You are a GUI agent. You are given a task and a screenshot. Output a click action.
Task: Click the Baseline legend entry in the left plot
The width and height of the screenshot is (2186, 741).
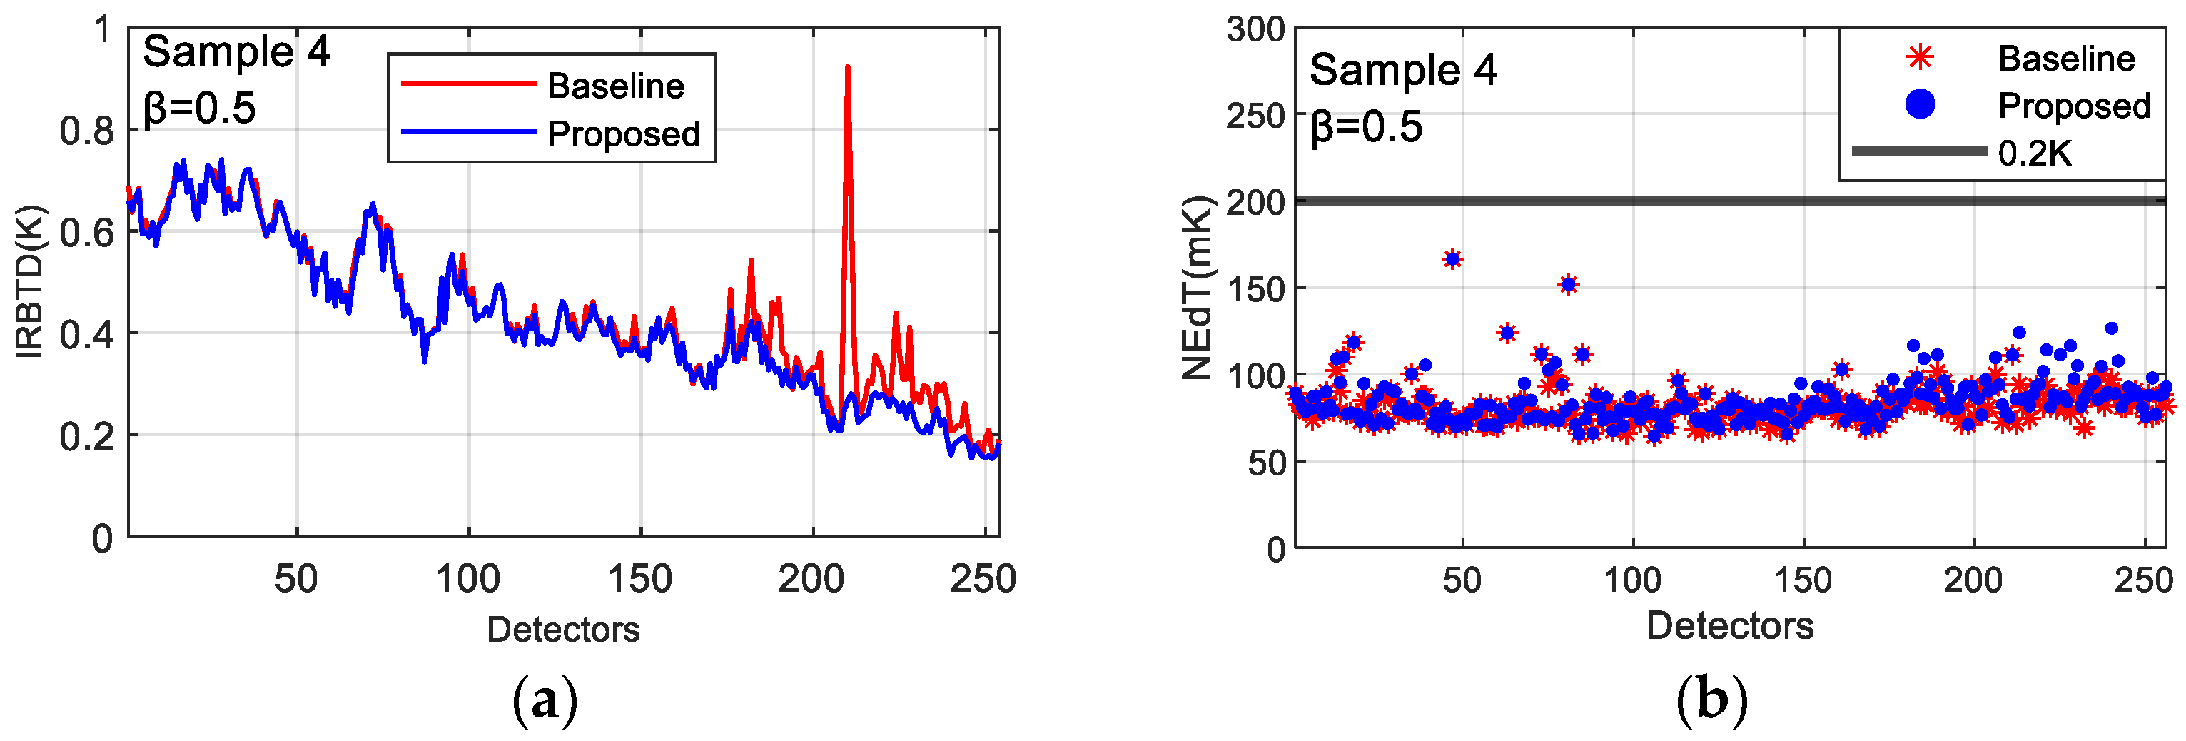[615, 86]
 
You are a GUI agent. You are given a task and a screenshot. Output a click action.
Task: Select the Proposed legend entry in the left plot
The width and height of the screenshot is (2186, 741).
[623, 134]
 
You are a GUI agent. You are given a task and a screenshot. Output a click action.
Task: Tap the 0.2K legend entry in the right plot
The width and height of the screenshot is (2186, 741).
[2034, 153]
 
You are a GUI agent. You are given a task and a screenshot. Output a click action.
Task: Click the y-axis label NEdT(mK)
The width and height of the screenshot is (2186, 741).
[1198, 288]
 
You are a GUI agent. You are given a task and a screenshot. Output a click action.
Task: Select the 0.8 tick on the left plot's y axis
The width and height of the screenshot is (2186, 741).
[86, 131]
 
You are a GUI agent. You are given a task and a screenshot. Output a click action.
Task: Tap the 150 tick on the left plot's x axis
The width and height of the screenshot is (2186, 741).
[640, 580]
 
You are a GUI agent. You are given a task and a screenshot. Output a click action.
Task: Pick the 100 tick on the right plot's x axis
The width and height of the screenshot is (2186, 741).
[1632, 581]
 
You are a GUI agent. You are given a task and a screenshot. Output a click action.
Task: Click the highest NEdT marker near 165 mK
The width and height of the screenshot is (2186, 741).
[1452, 259]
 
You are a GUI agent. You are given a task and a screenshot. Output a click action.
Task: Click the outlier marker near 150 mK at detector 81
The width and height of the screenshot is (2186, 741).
[1568, 284]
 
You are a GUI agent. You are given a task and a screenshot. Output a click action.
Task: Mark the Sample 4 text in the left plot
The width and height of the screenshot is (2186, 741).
[236, 53]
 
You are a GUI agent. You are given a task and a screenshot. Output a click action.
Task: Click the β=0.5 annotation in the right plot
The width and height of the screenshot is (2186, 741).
[1365, 127]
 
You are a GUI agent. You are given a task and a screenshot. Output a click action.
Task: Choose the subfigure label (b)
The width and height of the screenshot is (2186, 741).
[1711, 701]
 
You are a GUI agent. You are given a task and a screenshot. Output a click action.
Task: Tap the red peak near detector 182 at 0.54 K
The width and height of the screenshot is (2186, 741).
[750, 261]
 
